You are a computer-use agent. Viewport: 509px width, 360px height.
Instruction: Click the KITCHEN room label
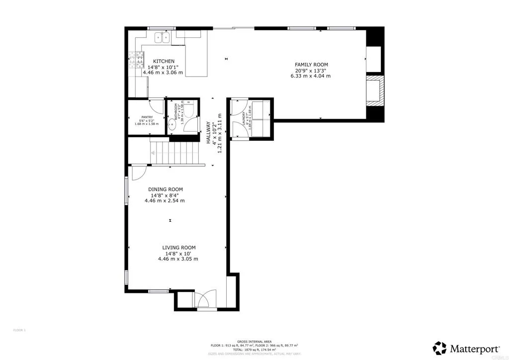coord(163,61)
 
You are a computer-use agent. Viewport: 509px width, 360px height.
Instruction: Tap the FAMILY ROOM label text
coord(311,65)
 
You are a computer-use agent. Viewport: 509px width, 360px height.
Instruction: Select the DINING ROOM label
coord(165,189)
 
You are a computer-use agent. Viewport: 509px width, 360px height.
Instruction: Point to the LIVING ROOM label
coord(178,248)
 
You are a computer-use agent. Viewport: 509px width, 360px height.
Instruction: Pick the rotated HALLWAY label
coord(209,133)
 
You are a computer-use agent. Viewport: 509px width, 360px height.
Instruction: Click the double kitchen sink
coord(162,37)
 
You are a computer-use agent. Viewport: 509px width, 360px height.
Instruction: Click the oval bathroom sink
coord(171,125)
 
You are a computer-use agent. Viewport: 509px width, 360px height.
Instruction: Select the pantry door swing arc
coord(157,106)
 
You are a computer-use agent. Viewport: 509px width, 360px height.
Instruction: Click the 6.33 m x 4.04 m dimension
coord(311,76)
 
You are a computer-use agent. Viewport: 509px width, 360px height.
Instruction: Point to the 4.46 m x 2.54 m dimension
coord(165,201)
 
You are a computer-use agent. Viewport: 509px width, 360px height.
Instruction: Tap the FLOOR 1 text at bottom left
coord(19,330)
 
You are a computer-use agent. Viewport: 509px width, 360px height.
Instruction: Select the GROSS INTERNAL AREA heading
coord(254,341)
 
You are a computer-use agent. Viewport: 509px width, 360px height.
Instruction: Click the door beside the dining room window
coord(138,172)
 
